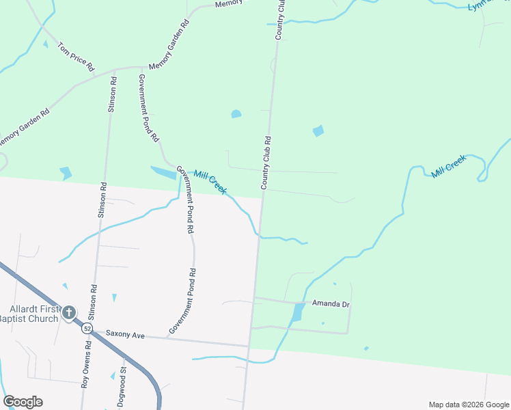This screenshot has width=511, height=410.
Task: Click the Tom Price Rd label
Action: click(76, 57)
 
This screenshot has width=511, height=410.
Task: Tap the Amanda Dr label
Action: click(331, 303)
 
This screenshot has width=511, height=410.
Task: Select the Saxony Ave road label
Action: click(126, 336)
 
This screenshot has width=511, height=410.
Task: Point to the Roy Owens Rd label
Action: click(85, 368)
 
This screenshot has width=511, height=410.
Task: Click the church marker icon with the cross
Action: click(68, 313)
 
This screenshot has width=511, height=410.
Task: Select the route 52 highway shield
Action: click(87, 329)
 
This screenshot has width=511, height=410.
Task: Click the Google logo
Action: click(23, 401)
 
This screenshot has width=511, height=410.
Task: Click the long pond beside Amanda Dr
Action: click(297, 313)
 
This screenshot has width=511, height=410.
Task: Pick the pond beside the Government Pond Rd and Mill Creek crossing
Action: click(164, 174)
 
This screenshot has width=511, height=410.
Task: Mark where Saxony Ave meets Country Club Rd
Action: click(249, 345)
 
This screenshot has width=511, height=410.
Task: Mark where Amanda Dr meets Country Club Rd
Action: click(253, 297)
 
